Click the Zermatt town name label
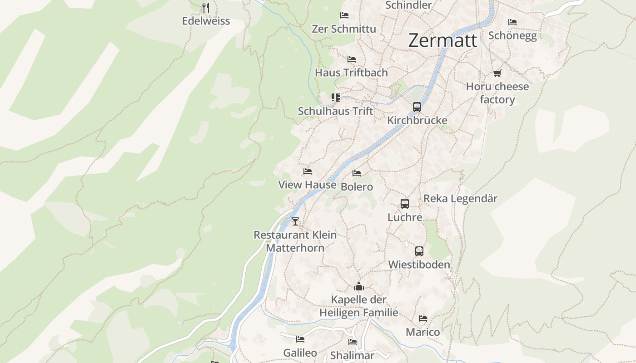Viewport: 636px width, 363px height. click(x=442, y=40)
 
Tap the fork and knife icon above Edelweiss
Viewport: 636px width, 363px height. click(x=206, y=7)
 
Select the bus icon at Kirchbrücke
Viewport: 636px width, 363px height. click(x=417, y=107)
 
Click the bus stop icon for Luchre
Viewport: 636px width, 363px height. click(x=405, y=204)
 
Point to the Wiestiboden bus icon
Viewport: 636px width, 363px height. click(x=419, y=251)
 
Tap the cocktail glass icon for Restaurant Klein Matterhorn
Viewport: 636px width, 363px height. click(x=295, y=221)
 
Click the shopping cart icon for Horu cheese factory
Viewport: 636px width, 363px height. click(x=497, y=73)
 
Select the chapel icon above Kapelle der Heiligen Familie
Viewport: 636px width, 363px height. click(x=359, y=286)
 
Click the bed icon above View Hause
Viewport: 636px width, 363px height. click(x=308, y=172)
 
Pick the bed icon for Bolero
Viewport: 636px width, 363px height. click(x=357, y=173)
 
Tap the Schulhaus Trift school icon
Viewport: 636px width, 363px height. click(x=336, y=98)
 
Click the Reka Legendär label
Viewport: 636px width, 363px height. click(x=460, y=198)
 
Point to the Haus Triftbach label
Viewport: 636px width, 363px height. click(x=351, y=73)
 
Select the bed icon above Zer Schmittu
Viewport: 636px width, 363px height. click(x=344, y=15)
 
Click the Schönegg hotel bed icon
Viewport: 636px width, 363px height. click(x=512, y=22)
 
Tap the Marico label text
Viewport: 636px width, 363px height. click(x=422, y=332)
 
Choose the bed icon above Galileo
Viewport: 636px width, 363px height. click(x=300, y=339)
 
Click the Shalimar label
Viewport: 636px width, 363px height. click(x=352, y=355)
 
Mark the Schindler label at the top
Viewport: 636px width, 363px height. click(x=408, y=5)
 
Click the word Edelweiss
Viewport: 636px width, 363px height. click(x=206, y=21)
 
